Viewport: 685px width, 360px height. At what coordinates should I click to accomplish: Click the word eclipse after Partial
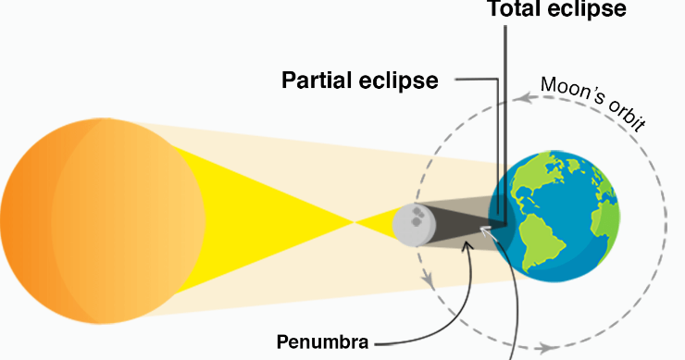pyautogui.click(x=404, y=80)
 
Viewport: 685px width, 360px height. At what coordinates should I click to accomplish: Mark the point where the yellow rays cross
pyautogui.click(x=355, y=222)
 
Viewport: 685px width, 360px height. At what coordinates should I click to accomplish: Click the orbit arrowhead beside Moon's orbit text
pyautogui.click(x=524, y=94)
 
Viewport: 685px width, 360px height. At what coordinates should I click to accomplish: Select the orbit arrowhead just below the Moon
pyautogui.click(x=429, y=279)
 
